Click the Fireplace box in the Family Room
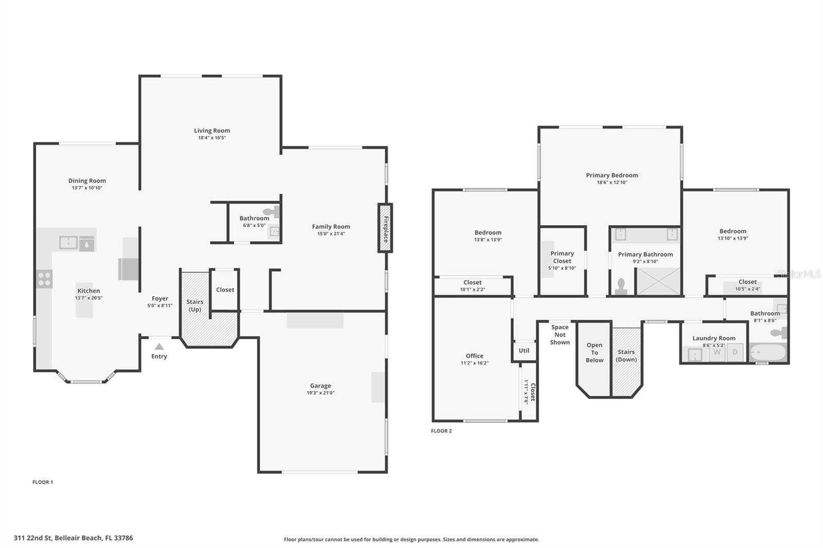[x=385, y=228]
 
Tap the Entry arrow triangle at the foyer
[x=159, y=347]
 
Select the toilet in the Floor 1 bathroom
[x=271, y=212]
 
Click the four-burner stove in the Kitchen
[x=45, y=279]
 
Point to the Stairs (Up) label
[x=195, y=305]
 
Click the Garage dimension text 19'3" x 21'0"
[x=320, y=393]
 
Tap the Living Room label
[x=212, y=131]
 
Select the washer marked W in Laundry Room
[x=717, y=352]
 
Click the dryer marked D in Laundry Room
[x=735, y=352]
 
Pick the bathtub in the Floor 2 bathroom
[x=768, y=353]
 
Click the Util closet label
[x=524, y=351]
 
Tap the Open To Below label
[x=594, y=353]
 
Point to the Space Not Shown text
[x=560, y=335]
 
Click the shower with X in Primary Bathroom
[x=658, y=281]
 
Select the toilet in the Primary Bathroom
[x=621, y=286]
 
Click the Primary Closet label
[x=562, y=257]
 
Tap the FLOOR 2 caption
[x=441, y=431]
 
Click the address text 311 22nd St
[x=73, y=538]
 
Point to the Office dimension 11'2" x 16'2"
[x=474, y=363]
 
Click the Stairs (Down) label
[x=626, y=356]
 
